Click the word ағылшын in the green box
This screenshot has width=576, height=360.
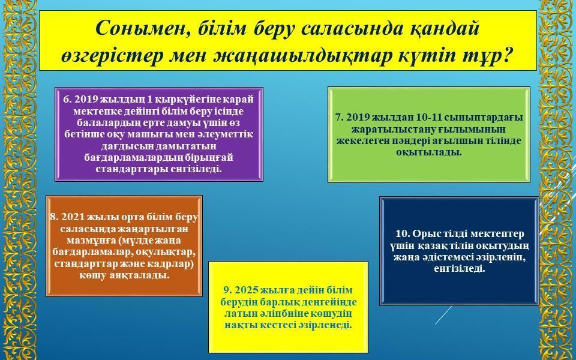pyautogui.click(x=466, y=141)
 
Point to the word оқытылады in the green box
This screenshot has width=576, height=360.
pyautogui.click(x=428, y=152)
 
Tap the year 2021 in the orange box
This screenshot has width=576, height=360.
pyautogui.click(x=71, y=217)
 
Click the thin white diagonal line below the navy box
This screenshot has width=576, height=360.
pyautogui.click(x=444, y=315)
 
